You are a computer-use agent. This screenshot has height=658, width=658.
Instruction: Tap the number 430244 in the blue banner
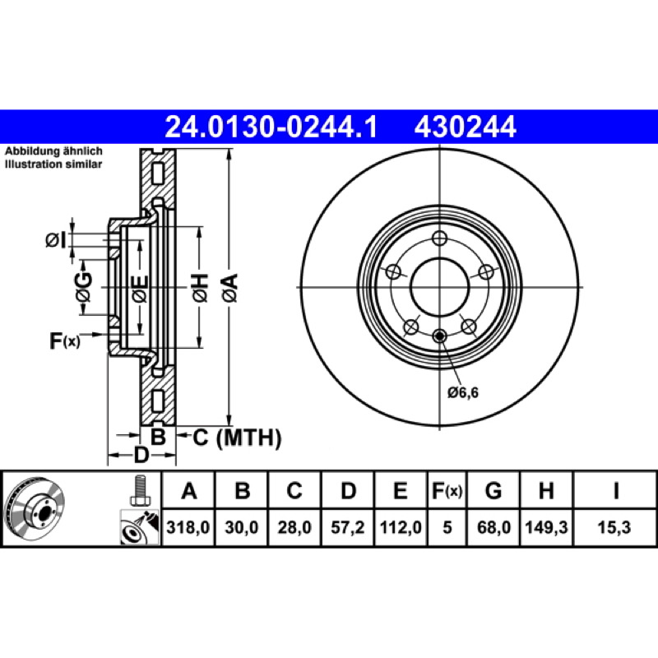[466, 127]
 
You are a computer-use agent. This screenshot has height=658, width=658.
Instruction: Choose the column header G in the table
[493, 491]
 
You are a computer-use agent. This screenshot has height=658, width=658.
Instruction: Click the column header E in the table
[401, 491]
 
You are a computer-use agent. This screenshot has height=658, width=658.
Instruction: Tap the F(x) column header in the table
[447, 491]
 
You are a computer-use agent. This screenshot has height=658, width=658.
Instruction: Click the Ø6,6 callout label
[463, 392]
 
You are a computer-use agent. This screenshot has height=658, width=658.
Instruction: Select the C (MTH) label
[237, 438]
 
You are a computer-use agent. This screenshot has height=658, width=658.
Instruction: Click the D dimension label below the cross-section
[141, 455]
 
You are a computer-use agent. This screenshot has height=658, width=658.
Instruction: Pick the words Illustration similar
[53, 164]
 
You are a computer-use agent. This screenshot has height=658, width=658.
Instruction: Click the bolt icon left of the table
[139, 492]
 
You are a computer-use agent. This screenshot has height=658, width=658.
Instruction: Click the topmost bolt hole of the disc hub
[440, 239]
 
